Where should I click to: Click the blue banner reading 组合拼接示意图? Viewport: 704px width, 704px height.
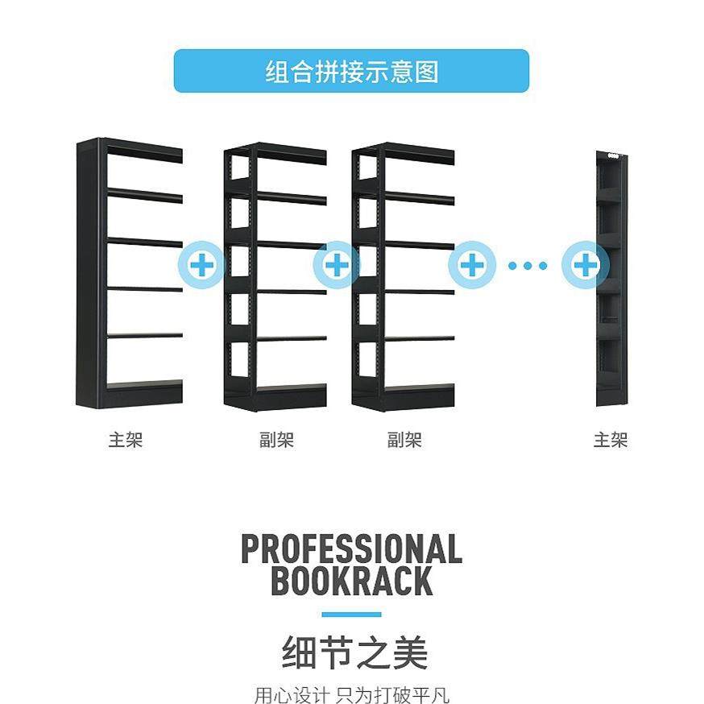351,71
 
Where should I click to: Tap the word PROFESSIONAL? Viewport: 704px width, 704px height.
351,549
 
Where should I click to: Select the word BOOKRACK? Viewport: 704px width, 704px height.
351,581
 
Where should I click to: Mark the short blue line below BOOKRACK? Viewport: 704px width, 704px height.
351,615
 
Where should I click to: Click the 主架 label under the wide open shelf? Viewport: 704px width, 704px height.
126,441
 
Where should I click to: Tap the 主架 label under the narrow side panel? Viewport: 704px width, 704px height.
610,441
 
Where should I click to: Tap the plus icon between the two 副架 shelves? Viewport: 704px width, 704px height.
338,264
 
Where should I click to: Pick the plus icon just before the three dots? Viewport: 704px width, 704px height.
473,264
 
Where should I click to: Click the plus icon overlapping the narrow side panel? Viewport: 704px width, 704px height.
586,264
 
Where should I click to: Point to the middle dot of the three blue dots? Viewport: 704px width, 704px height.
528,265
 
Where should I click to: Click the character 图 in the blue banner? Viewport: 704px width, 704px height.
429,72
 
